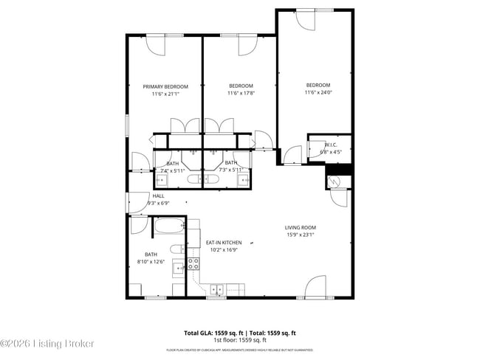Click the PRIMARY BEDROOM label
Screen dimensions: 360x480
165,86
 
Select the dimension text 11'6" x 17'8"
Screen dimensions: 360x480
241,94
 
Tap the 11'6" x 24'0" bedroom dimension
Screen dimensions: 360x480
318,92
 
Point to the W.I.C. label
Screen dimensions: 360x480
330,145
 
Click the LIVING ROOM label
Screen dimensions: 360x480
301,227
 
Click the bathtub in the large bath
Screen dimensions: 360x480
169,226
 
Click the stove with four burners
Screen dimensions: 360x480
194,262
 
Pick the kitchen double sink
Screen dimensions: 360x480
217,288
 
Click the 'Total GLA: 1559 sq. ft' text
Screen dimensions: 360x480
214,333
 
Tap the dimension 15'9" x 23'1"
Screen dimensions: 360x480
301,235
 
